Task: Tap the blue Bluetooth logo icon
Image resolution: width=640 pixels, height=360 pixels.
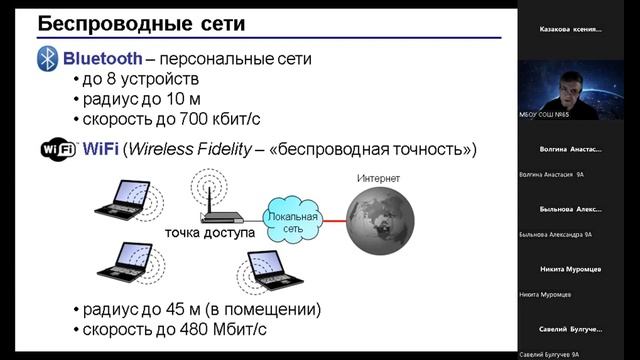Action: tap(47, 59)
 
